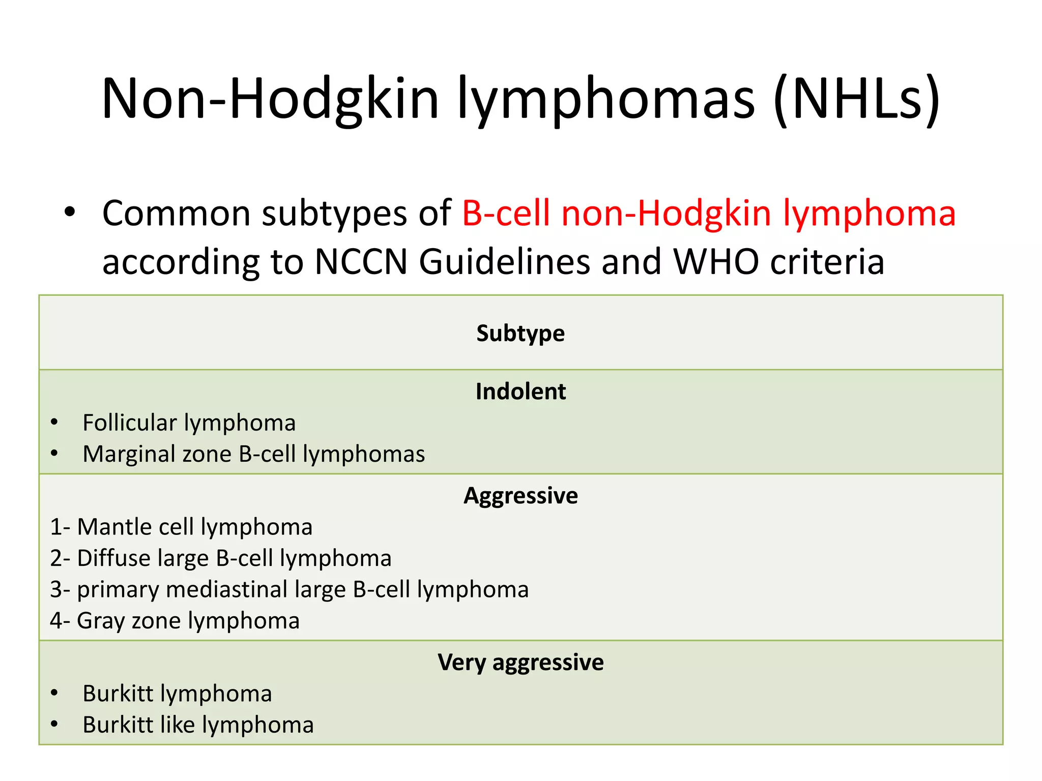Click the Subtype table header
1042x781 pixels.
(520, 334)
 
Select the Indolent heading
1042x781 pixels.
(520, 392)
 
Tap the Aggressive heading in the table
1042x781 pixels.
(520, 496)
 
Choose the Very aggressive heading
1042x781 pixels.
(520, 663)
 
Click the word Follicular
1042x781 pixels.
(130, 423)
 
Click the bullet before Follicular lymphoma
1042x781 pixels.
(54, 423)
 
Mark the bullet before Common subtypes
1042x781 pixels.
(70, 212)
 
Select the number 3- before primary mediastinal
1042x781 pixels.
(60, 590)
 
